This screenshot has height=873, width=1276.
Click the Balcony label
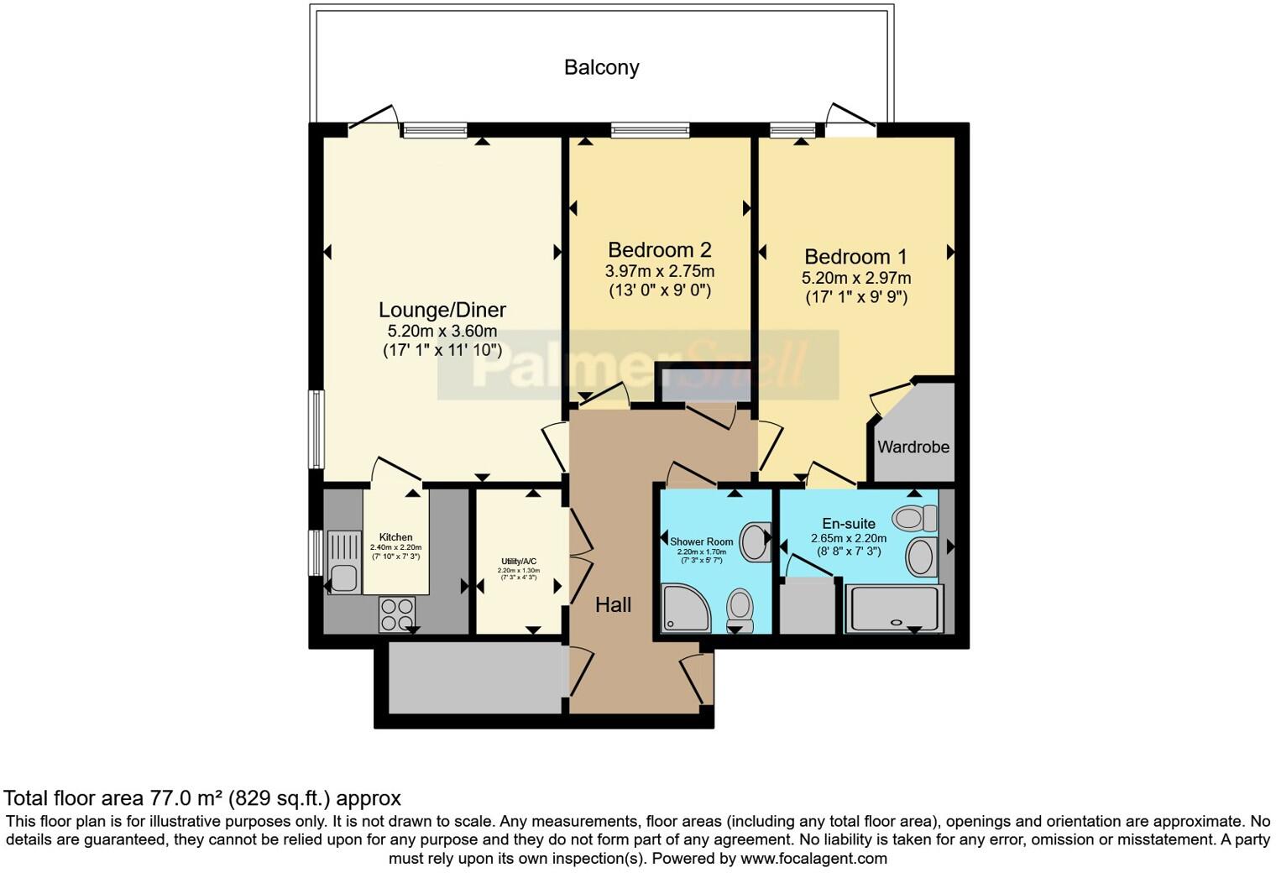click(601, 67)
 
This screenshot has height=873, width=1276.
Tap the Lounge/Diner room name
click(442, 310)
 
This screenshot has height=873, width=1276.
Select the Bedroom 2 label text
click(659, 249)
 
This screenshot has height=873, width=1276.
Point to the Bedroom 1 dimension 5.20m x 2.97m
click(855, 278)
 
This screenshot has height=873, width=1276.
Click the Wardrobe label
click(913, 447)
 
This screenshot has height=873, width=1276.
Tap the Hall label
click(613, 604)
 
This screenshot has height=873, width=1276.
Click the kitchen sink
click(343, 578)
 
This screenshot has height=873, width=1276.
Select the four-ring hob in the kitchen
click(397, 613)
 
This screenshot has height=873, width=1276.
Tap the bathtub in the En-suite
click(894, 609)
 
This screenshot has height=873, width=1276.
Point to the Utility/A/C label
click(519, 561)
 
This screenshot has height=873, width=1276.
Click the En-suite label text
click(848, 524)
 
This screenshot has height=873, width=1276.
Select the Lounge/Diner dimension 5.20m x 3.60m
click(442, 331)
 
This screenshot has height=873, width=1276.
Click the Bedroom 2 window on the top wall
click(650, 130)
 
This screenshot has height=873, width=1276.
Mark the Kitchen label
click(395, 537)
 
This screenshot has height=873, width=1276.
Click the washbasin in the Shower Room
click(756, 542)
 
